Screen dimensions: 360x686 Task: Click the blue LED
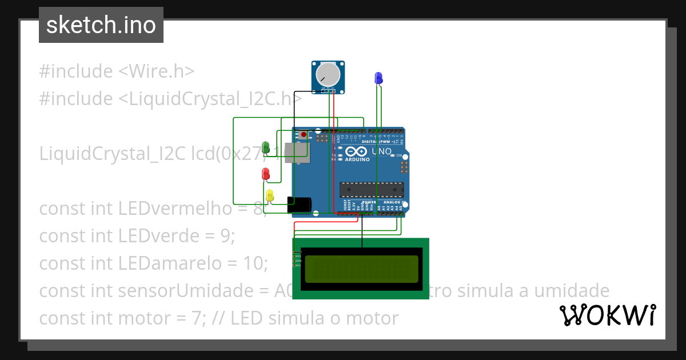coord(378,78)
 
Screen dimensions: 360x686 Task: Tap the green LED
coord(265,147)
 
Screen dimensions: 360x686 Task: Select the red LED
coord(265,173)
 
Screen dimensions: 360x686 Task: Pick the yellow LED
coord(270,195)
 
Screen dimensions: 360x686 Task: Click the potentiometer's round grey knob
coord(329,74)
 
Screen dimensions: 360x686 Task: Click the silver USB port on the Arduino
coord(300,153)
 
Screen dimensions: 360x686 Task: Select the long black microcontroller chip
coord(372,189)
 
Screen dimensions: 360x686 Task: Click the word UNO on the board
coord(382,152)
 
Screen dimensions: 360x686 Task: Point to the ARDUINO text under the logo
coord(357,159)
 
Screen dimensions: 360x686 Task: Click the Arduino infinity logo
coord(356,151)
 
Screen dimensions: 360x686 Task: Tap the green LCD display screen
coord(361,269)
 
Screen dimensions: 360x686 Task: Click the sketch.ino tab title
coord(101,25)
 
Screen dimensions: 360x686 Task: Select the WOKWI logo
coord(608,315)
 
